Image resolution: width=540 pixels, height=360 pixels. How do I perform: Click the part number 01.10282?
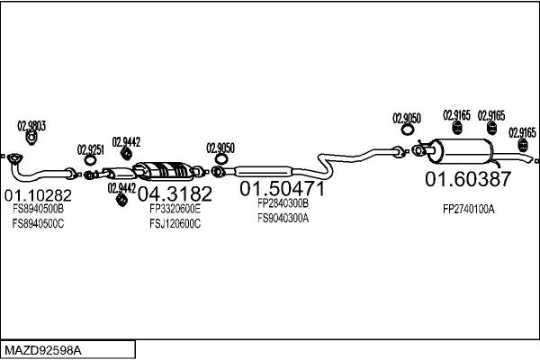38,195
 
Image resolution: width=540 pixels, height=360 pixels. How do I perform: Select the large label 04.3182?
175,193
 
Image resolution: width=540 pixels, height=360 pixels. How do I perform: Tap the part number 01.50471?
282,188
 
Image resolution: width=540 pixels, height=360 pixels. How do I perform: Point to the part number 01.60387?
468,179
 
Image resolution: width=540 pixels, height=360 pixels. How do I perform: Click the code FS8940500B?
38,209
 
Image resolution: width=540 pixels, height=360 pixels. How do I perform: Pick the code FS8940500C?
38,223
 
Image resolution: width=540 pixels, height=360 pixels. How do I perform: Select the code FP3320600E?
175,209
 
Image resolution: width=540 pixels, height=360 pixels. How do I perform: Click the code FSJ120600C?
175,223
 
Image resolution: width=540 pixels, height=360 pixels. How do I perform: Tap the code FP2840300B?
283,203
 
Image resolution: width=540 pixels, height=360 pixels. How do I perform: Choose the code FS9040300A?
283,218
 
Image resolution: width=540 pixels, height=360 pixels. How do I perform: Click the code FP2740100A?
469,209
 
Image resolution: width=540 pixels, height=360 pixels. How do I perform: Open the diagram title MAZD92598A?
43,350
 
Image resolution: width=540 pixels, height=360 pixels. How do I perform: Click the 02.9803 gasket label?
31,126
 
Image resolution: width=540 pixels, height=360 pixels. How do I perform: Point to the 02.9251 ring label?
91,150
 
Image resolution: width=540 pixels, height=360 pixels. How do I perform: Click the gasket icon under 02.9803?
31,138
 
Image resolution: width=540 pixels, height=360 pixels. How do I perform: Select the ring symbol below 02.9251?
90,160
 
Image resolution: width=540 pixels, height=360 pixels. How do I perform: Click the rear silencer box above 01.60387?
460,151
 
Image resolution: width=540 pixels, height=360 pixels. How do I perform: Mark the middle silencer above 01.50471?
264,172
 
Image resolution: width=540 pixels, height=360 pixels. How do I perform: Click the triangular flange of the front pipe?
14,158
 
